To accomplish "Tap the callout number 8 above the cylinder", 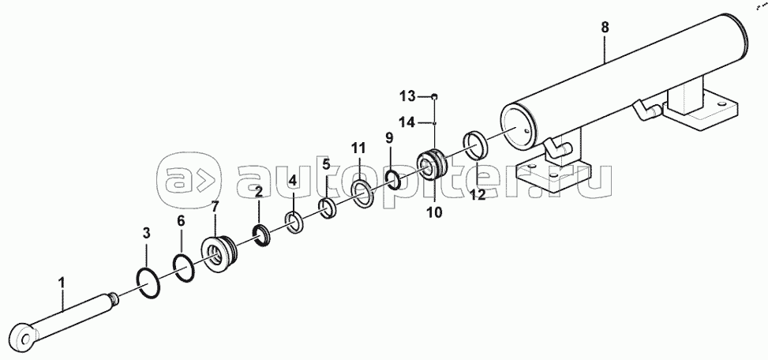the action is click(x=605, y=28).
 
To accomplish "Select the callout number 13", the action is click(x=406, y=96).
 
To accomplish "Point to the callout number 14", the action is click(x=406, y=122).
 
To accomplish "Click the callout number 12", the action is click(x=478, y=195).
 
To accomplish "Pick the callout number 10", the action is click(x=434, y=212).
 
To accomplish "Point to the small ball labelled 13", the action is click(x=434, y=96).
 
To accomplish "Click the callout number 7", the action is click(x=215, y=207).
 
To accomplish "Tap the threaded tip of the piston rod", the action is click(x=113, y=296).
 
